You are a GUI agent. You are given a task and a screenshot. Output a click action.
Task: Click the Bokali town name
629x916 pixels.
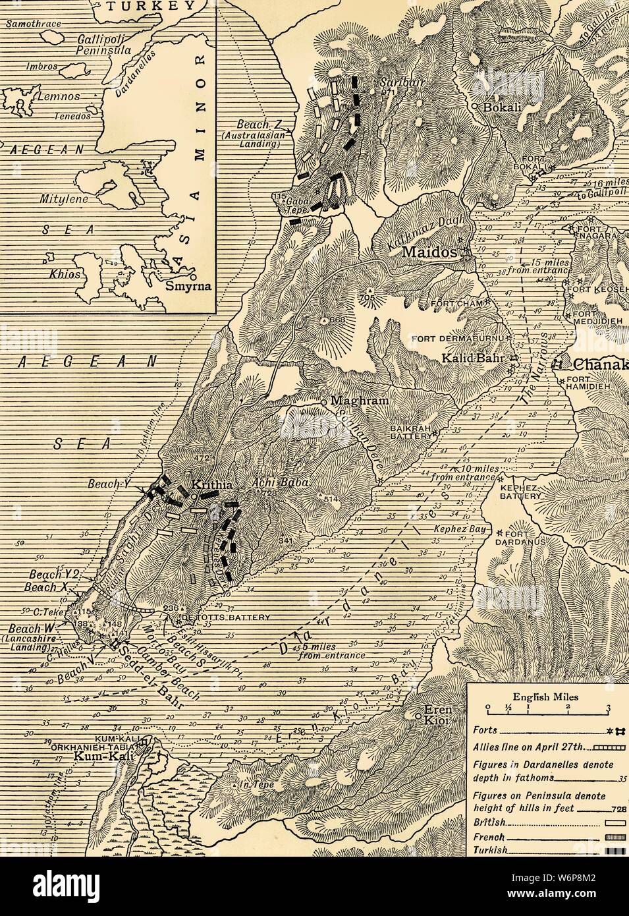502,108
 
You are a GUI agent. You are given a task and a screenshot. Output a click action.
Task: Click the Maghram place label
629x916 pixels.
356,401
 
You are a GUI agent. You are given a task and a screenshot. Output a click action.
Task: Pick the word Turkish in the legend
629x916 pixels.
491,850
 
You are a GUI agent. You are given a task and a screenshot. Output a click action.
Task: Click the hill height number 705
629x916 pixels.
369,299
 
